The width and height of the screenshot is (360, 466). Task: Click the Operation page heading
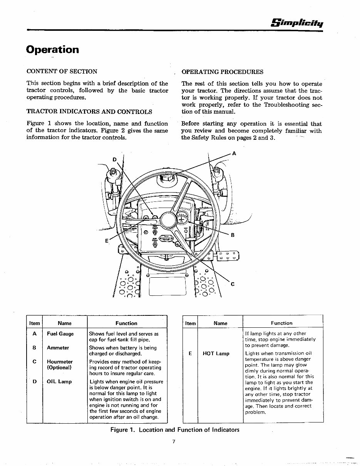point(52,50)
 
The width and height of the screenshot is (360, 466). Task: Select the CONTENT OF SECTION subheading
point(62,72)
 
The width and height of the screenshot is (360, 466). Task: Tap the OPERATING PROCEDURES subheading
point(222,72)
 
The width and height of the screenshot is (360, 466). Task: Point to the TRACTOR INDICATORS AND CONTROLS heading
point(89,112)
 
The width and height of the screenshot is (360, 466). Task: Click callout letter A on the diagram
point(234,153)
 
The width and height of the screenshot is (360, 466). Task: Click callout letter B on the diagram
point(233,235)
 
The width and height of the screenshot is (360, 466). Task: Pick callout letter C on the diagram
point(233,284)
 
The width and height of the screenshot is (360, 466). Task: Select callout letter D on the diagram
point(114,159)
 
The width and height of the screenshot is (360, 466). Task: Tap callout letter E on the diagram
point(107,241)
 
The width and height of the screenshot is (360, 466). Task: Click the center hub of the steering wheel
point(168,220)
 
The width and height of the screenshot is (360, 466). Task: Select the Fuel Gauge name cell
point(60,334)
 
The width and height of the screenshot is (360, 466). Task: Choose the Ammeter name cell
point(58,348)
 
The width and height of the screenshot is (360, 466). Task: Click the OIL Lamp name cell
point(59,382)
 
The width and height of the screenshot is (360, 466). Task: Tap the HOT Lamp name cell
point(216,354)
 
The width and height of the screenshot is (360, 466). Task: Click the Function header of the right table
point(281,323)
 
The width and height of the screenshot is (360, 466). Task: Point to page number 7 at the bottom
point(174,442)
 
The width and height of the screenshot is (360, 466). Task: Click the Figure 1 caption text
point(174,429)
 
